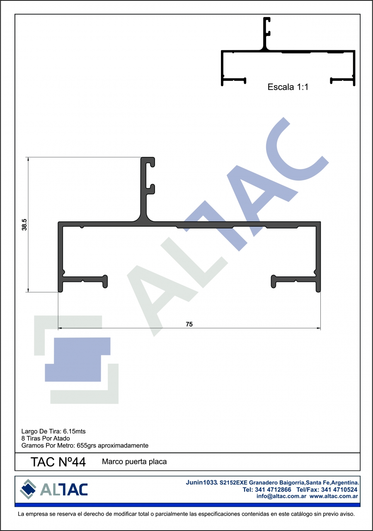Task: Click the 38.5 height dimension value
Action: click(24, 225)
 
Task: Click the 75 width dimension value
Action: click(189, 324)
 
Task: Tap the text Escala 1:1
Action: click(288, 87)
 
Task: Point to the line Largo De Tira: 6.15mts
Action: click(53, 431)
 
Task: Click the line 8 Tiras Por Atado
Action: click(46, 438)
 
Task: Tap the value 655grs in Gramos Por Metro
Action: click(86, 445)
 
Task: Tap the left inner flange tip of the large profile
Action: click(105, 281)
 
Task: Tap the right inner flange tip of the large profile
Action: click(274, 281)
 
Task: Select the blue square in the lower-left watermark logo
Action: click(78, 360)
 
